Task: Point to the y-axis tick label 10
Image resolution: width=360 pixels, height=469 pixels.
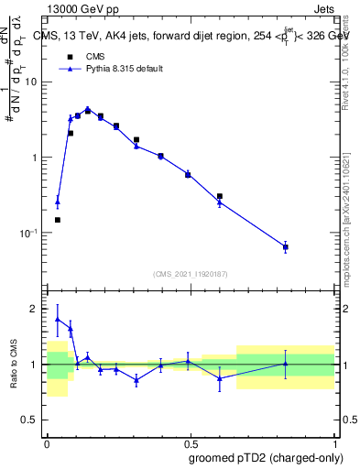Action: pyautogui.click(x=31, y=82)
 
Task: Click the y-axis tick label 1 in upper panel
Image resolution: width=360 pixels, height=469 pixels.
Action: pyautogui.click(x=35, y=158)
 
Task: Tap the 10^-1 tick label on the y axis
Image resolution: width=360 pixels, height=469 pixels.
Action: pyautogui.click(x=29, y=233)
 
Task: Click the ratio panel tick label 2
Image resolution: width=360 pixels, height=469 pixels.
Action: pyautogui.click(x=36, y=309)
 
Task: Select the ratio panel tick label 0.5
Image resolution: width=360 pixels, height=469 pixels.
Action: pyautogui.click(x=30, y=422)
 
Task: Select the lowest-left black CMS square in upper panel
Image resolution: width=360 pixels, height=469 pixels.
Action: pyautogui.click(x=58, y=220)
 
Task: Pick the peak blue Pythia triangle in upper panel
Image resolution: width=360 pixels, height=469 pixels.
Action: pyautogui.click(x=88, y=108)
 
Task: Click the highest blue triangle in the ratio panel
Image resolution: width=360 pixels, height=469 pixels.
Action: pyautogui.click(x=58, y=320)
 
